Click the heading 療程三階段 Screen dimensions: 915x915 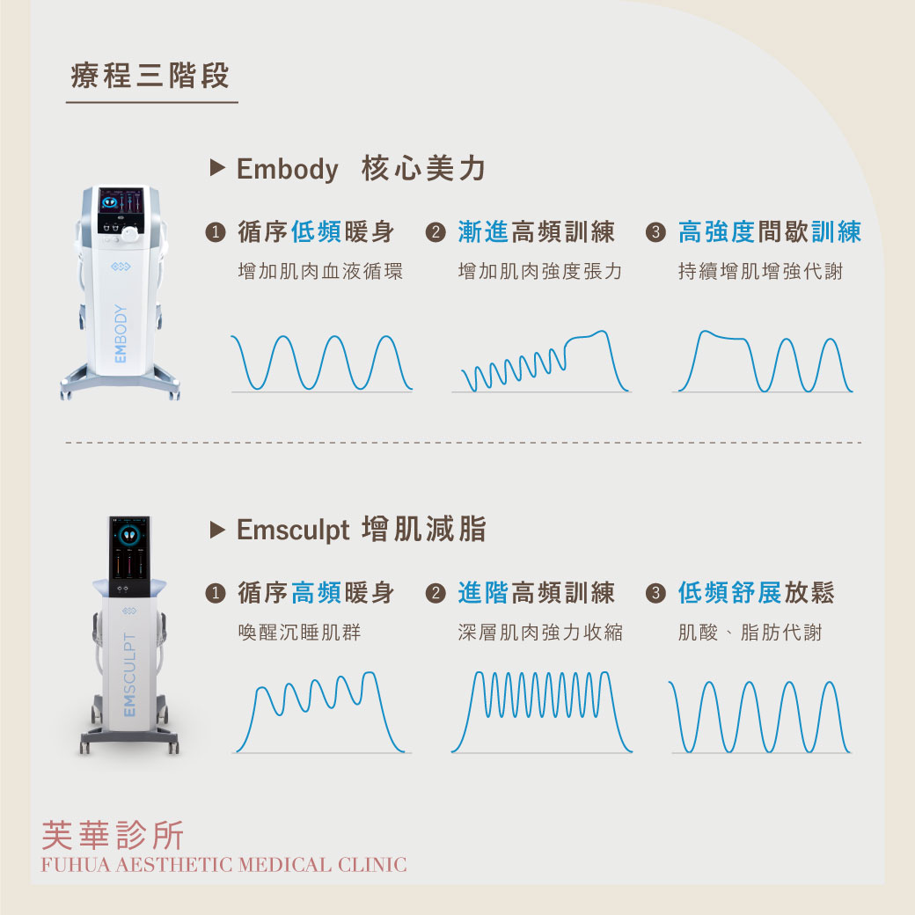(150, 76)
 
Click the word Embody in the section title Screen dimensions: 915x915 (287, 170)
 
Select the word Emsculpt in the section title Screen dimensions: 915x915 (293, 531)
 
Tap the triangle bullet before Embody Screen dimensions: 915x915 (217, 167)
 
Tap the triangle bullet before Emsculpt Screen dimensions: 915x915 (217, 530)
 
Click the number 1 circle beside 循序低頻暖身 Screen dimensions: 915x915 (216, 232)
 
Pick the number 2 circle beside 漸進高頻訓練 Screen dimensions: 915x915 (436, 232)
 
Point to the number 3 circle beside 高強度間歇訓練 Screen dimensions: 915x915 (656, 232)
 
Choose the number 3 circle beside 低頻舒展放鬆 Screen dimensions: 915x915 (656, 594)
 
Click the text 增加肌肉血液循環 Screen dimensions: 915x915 (320, 271)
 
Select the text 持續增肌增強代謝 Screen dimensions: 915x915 (760, 271)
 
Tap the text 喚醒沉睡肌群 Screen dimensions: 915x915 (299, 632)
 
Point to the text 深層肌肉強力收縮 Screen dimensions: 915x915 (540, 632)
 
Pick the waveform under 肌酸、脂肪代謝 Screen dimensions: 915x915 (760, 717)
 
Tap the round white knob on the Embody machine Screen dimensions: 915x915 (130, 234)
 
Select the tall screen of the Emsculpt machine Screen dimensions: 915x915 (129, 555)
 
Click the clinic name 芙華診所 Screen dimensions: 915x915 (113, 835)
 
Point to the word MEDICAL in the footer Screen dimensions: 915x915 (285, 865)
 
